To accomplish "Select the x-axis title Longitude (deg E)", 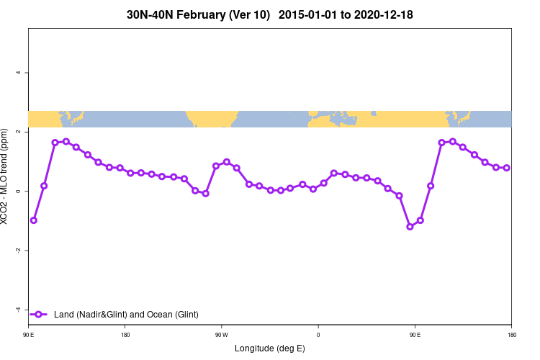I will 270,348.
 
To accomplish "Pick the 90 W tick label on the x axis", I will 221,335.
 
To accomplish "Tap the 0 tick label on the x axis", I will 318,335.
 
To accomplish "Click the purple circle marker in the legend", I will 40,314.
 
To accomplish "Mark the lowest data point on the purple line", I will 410,226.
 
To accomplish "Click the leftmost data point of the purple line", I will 33,220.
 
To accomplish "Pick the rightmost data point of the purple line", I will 506,168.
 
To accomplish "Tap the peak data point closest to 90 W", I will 226,162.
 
